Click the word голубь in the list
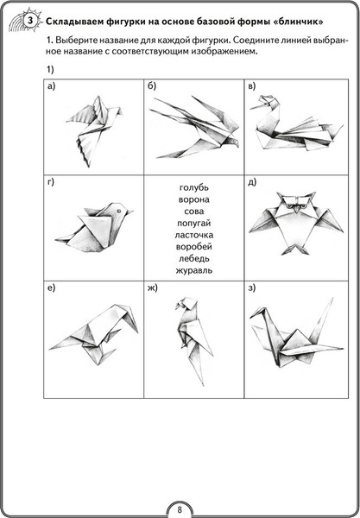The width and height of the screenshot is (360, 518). [194, 187]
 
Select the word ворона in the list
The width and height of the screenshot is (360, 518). [194, 199]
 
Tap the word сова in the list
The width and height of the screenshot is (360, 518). [194, 212]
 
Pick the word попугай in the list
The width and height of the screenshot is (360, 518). [194, 224]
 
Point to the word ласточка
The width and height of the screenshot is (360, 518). [194, 235]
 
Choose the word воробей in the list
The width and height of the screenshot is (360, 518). [194, 247]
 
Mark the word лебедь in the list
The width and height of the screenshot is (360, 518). [194, 259]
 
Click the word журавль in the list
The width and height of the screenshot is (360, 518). [194, 270]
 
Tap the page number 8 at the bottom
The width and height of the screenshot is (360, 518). [180, 509]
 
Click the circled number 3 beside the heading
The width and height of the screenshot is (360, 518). [30, 22]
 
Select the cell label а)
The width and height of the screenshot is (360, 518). [51, 86]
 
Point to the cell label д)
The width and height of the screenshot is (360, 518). [252, 182]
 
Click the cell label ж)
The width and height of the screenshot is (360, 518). [152, 288]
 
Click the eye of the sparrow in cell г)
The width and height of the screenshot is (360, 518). [118, 211]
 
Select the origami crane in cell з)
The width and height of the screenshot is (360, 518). [297, 333]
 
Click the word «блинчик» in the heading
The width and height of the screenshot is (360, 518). [298, 22]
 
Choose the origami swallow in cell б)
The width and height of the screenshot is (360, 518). [195, 128]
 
